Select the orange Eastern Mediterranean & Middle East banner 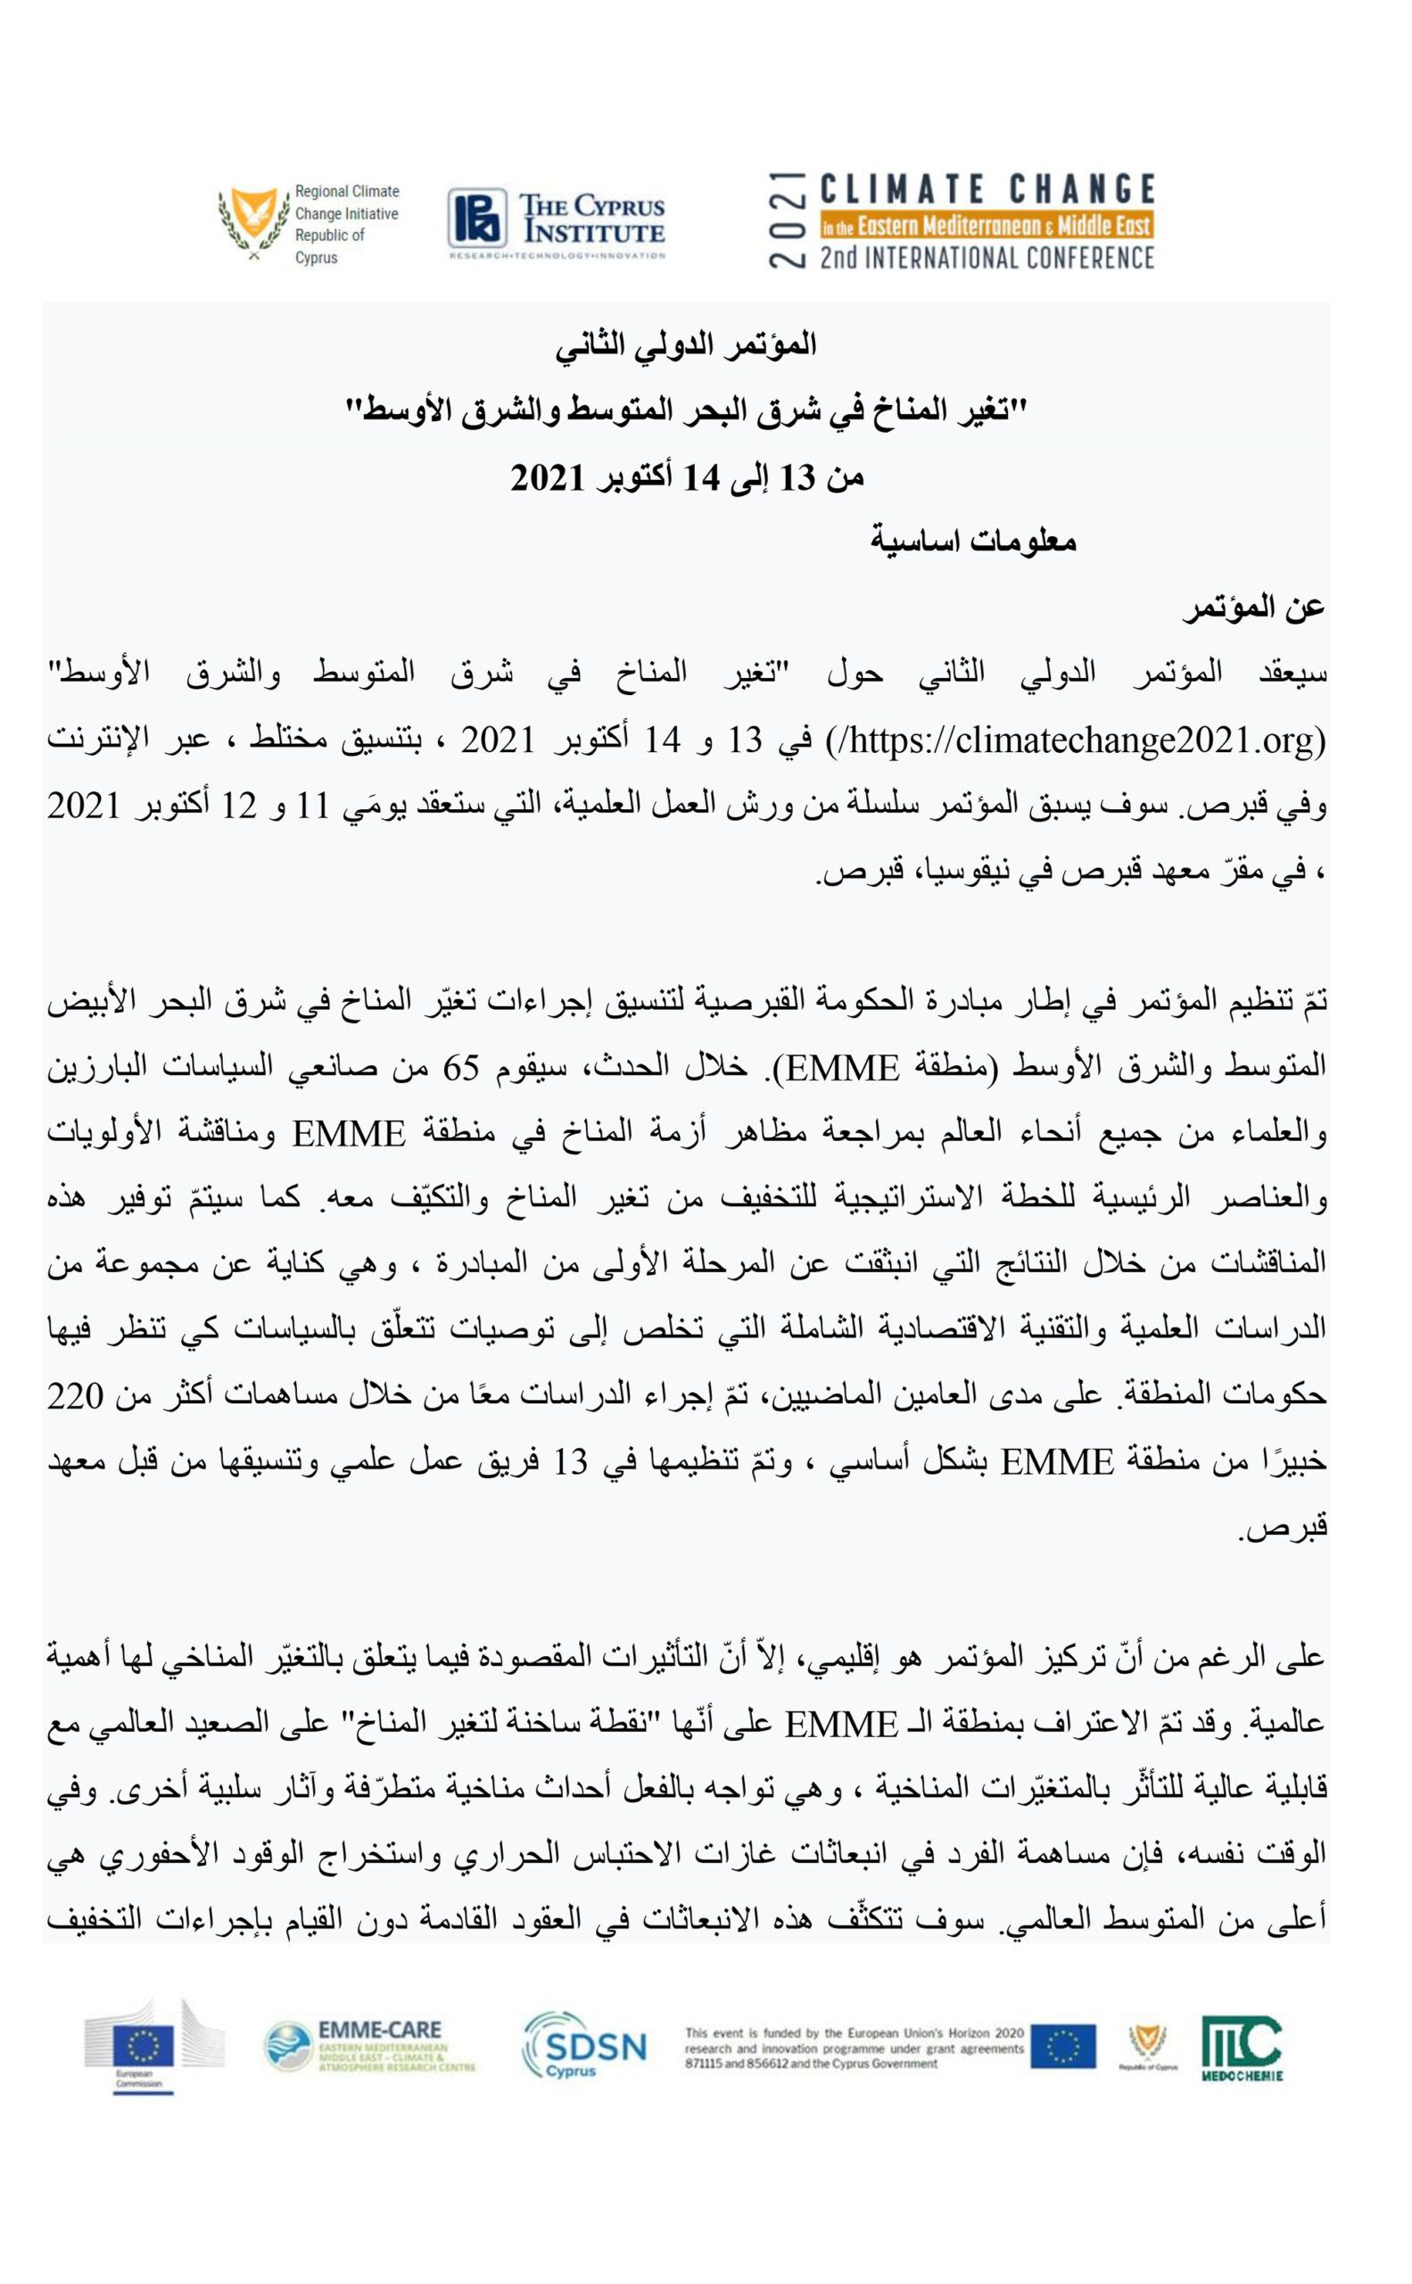pos(987,225)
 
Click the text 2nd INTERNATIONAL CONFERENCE pos(987,257)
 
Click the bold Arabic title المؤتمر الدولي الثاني pos(687,344)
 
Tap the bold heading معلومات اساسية pos(973,541)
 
